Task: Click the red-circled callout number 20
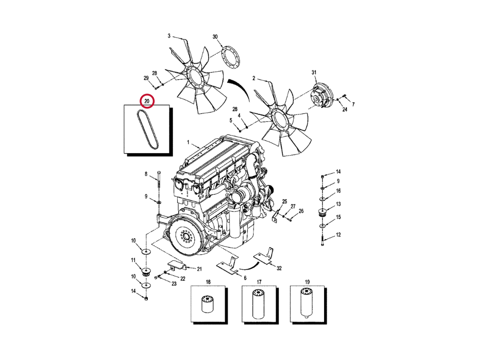(147, 101)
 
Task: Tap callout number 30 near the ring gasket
(215, 37)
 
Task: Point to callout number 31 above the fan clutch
(314, 72)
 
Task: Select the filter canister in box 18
(208, 304)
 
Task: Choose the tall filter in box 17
(259, 304)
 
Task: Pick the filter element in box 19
(307, 303)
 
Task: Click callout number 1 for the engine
(188, 142)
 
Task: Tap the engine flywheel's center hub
(186, 236)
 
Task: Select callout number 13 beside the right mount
(338, 204)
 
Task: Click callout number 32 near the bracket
(279, 268)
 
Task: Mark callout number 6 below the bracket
(245, 278)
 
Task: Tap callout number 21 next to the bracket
(199, 269)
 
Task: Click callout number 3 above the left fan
(169, 36)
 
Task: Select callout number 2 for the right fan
(254, 78)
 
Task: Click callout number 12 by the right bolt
(338, 235)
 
